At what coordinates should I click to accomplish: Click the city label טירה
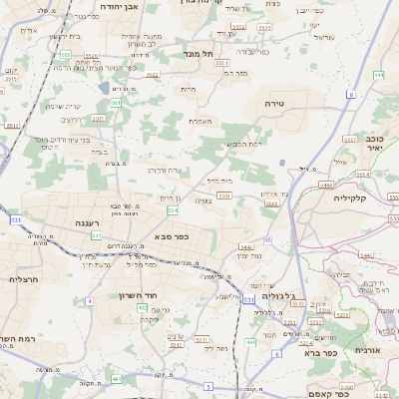[x=275, y=103]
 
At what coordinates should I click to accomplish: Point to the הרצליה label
[x=22, y=279]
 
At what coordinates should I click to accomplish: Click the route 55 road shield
[x=268, y=239]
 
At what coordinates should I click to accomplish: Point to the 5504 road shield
[x=272, y=201]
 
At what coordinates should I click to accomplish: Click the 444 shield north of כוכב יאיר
[x=377, y=74]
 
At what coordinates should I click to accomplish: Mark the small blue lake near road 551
[x=105, y=87]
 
